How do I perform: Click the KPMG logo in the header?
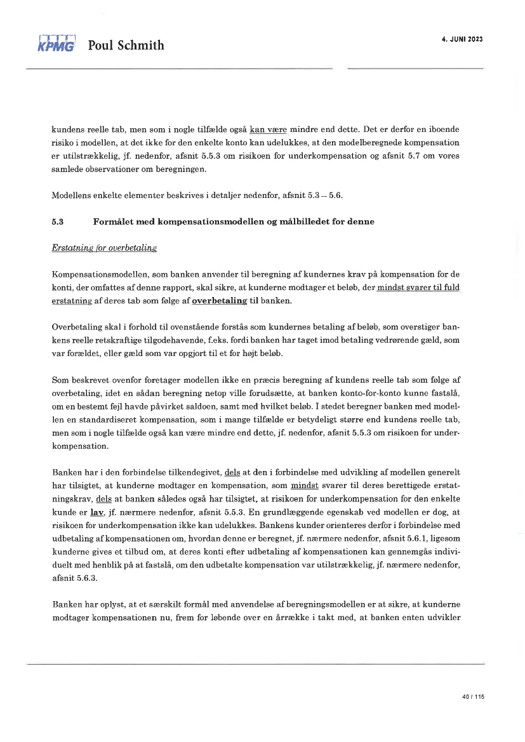tap(56, 43)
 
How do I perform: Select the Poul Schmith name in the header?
tap(126, 45)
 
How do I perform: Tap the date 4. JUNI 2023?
tap(462, 39)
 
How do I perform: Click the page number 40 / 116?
tap(473, 697)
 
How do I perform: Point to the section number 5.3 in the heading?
tap(57, 222)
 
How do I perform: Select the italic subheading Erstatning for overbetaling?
tap(104, 248)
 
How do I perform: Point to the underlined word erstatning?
tap(70, 301)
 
